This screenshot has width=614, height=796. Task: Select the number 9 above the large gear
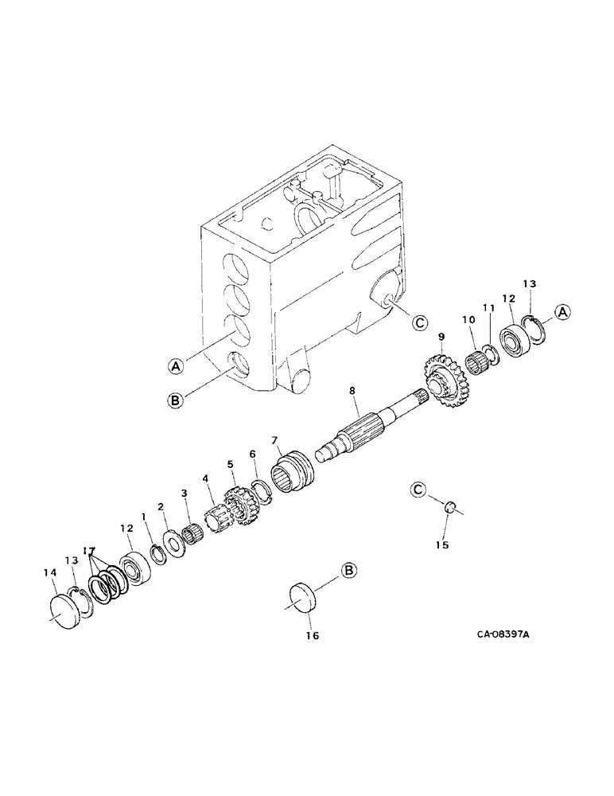440,338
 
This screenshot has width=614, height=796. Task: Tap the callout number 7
274,440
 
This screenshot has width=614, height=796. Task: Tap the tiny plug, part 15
449,506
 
